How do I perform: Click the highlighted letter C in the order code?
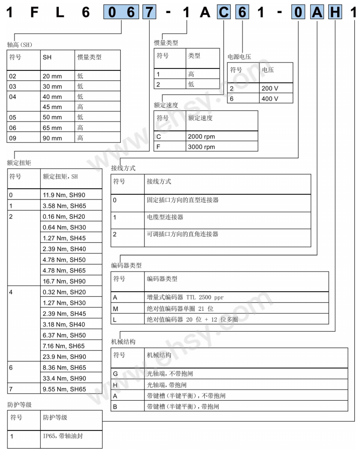tap(224, 13)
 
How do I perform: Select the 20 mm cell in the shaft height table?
tap(53, 75)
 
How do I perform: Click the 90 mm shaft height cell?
tap(53, 138)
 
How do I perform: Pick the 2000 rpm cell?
tap(201, 137)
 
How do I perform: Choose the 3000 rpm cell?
tap(201, 147)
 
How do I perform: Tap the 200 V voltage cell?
tap(270, 89)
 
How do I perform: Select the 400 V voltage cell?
tap(270, 99)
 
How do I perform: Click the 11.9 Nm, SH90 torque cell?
tap(64, 195)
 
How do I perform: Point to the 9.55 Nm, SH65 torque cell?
tap(64, 389)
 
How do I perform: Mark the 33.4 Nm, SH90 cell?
tap(64, 378)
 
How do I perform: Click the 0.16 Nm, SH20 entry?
tap(64, 217)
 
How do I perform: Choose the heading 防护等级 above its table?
tap(20, 404)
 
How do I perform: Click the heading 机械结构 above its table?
tap(123, 342)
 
